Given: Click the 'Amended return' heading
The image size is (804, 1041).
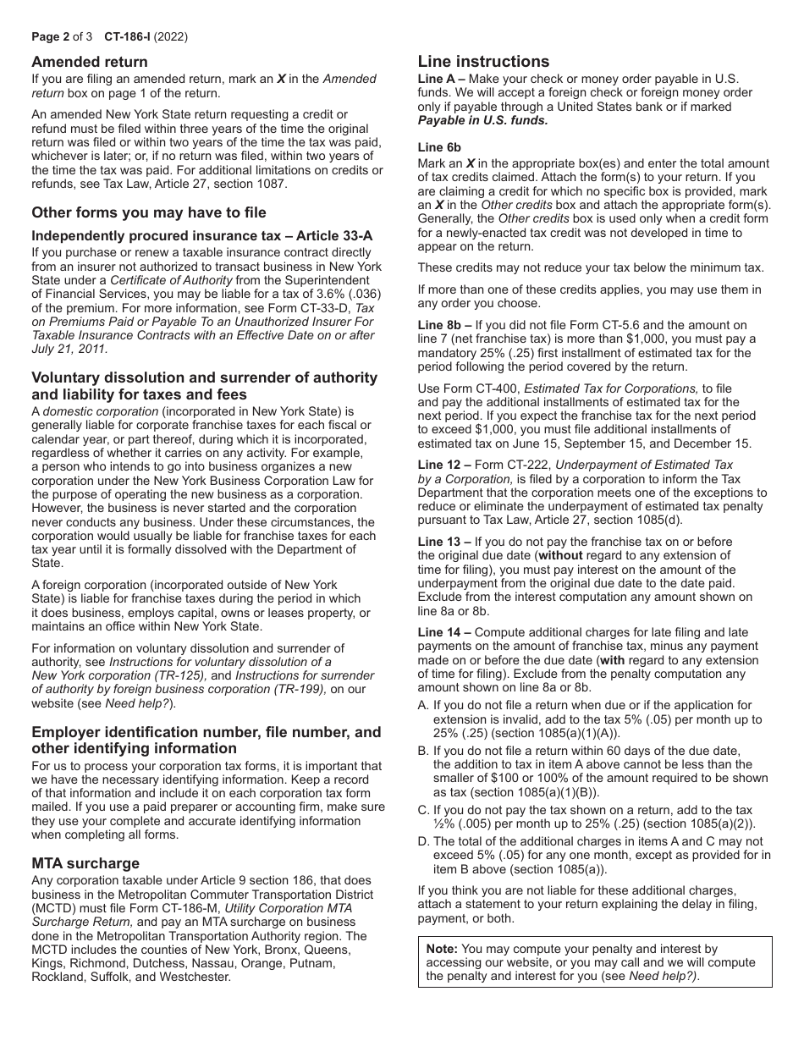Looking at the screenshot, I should pyautogui.click(x=89, y=62).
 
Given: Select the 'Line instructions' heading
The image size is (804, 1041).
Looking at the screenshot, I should pyautogui.click(x=483, y=61).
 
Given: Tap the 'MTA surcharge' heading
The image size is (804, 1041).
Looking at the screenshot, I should pyautogui.click(x=85, y=863).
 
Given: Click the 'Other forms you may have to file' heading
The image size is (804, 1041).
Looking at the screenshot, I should pyautogui.click(x=149, y=212).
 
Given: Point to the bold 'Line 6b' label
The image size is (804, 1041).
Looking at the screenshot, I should pyautogui.click(x=439, y=146).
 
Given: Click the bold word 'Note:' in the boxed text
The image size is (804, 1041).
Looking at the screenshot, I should pyautogui.click(x=442, y=950).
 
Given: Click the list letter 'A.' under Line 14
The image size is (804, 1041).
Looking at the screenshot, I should pyautogui.click(x=423, y=705).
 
